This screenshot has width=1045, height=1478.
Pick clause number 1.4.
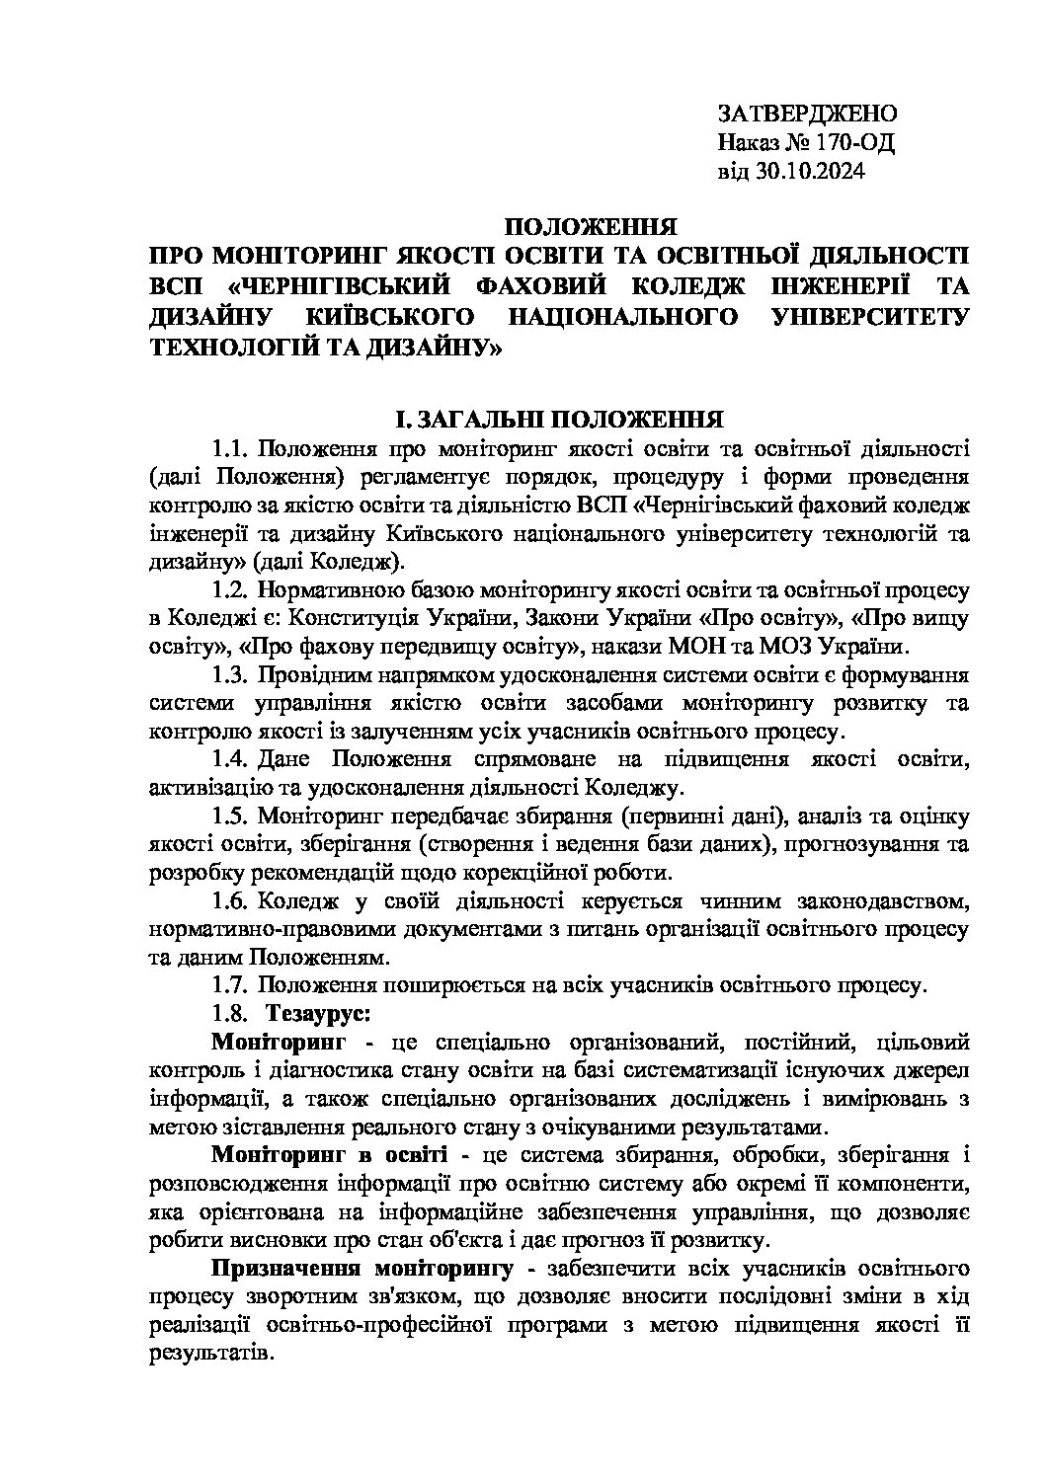click(229, 759)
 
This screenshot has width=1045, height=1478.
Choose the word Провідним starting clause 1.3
click(308, 675)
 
